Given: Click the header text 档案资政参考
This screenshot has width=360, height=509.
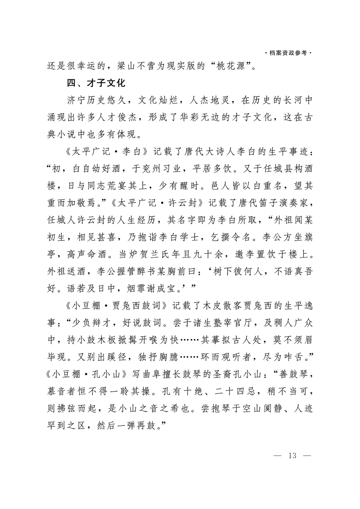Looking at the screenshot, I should pyautogui.click(x=288, y=53).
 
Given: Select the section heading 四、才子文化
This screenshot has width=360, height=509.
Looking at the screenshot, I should pyautogui.click(x=95, y=83).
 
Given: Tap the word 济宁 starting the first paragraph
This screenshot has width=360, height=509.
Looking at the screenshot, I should pyautogui.click(x=73, y=100).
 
